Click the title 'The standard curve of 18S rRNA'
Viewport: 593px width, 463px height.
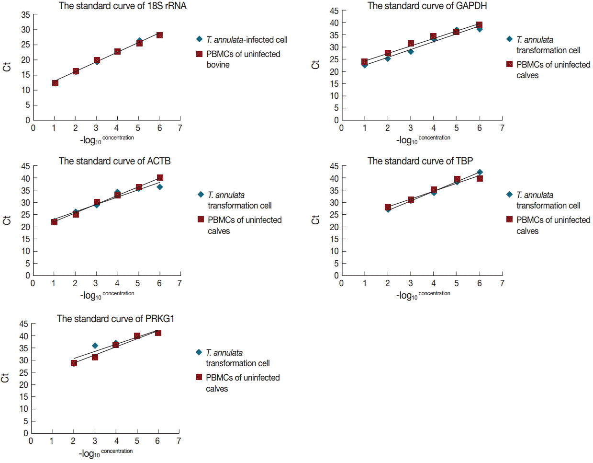(123, 6)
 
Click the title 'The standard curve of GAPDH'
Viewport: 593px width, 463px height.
(427, 6)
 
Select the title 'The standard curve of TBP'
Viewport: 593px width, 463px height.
(420, 161)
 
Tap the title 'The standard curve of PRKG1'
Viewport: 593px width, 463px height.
(115, 319)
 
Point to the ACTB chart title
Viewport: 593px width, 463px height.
(114, 161)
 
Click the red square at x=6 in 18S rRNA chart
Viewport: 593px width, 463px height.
(159, 35)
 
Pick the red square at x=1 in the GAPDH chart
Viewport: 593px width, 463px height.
(365, 62)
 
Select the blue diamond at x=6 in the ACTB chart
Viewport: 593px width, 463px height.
(160, 187)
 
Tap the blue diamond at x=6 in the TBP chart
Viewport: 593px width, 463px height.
(480, 172)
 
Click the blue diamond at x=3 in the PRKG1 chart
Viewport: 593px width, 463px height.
(95, 346)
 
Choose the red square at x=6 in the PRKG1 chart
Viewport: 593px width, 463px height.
(158, 333)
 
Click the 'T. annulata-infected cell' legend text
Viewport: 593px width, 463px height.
(246, 40)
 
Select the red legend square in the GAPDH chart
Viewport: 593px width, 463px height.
(509, 64)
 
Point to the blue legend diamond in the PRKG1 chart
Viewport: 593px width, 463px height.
(199, 352)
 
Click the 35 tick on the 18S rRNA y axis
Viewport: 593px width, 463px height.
(25, 15)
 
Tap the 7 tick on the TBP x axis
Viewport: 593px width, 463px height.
(502, 283)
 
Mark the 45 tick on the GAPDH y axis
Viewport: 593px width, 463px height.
(334, 11)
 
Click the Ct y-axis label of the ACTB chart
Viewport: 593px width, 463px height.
(7, 220)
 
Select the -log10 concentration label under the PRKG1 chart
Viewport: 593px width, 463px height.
(106, 453)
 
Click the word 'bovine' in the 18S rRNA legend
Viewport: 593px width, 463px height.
(218, 65)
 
